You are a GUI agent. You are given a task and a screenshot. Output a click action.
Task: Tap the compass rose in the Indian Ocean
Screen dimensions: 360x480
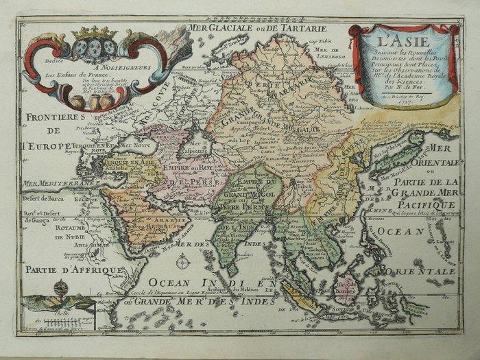coord(182,261)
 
